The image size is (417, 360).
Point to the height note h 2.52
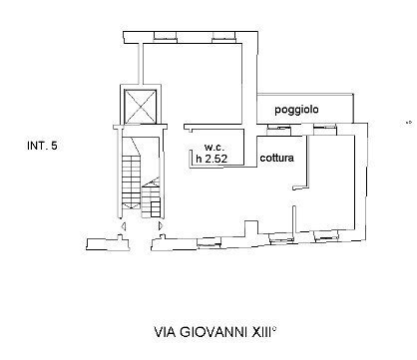211,157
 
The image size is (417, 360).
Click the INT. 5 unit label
42,147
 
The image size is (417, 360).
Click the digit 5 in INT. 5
54,147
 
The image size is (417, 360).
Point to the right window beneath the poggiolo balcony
323,128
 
